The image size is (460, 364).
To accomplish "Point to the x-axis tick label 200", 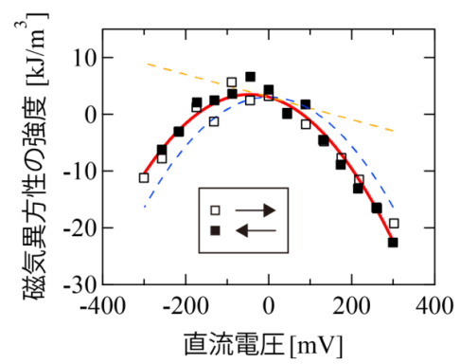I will tap(353, 305).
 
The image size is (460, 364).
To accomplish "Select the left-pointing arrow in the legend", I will tap(255, 230).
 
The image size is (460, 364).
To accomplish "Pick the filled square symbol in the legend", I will tap(215, 230).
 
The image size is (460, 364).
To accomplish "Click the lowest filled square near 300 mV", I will tap(393, 243).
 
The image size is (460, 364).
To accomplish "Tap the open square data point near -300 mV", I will tap(144, 177).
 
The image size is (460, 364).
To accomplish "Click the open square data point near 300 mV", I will tap(394, 224).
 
